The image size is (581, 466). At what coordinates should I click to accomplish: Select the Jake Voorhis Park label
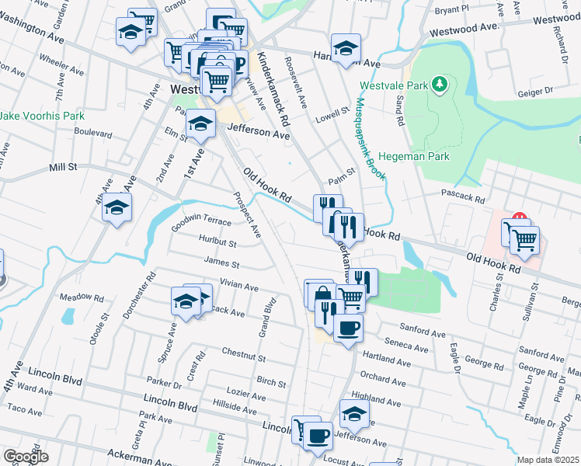point(42,116)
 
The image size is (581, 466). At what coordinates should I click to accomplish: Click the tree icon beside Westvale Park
point(440,83)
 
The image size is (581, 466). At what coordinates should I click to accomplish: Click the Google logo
point(26,457)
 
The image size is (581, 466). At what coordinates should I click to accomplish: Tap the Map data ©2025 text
point(548,460)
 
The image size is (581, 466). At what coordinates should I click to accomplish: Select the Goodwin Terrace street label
point(201,221)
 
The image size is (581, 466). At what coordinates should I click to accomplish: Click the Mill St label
point(63,166)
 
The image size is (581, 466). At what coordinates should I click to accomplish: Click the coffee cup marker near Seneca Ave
point(348,327)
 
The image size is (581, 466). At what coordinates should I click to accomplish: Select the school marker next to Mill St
point(117,207)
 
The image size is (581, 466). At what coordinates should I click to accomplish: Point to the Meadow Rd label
point(81,297)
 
